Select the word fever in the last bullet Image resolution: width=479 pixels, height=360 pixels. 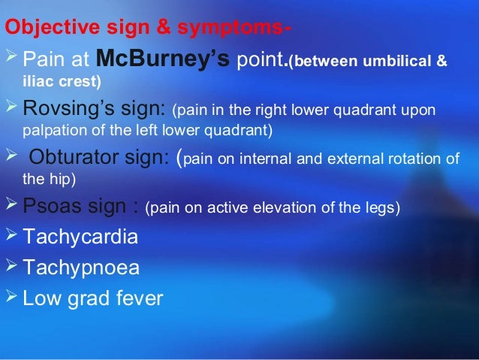(x=136, y=298)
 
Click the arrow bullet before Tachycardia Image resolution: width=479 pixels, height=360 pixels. (x=12, y=238)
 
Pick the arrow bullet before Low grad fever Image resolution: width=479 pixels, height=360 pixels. (x=12, y=298)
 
